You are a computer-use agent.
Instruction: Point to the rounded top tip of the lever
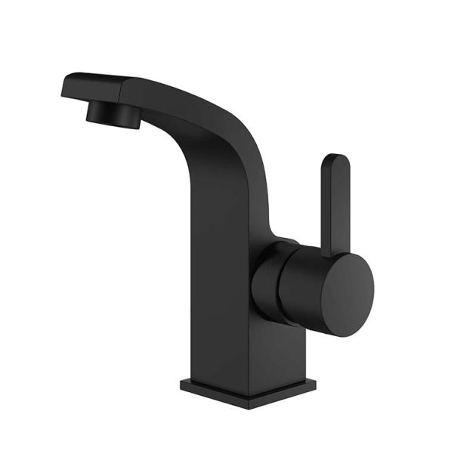(335, 160)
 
